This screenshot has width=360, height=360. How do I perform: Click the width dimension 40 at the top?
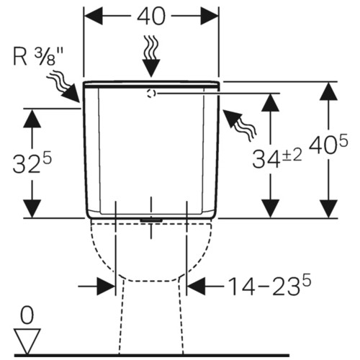151,16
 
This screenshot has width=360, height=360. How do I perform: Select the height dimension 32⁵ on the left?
32,163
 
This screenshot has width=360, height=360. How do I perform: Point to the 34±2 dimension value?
276,158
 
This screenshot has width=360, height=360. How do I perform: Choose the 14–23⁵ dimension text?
269,286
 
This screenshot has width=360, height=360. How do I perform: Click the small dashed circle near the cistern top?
151,94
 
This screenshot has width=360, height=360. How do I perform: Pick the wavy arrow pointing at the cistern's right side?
240,125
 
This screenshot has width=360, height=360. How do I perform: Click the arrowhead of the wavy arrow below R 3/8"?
72,94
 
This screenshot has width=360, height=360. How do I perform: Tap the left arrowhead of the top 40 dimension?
94,16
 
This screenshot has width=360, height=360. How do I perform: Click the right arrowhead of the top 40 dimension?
210,16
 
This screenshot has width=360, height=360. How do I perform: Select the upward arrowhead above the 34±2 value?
271,102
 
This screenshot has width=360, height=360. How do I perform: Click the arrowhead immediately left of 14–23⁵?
196,287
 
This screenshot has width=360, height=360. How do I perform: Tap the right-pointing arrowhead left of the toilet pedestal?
106,287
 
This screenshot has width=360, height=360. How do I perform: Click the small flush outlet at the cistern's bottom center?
151,220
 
